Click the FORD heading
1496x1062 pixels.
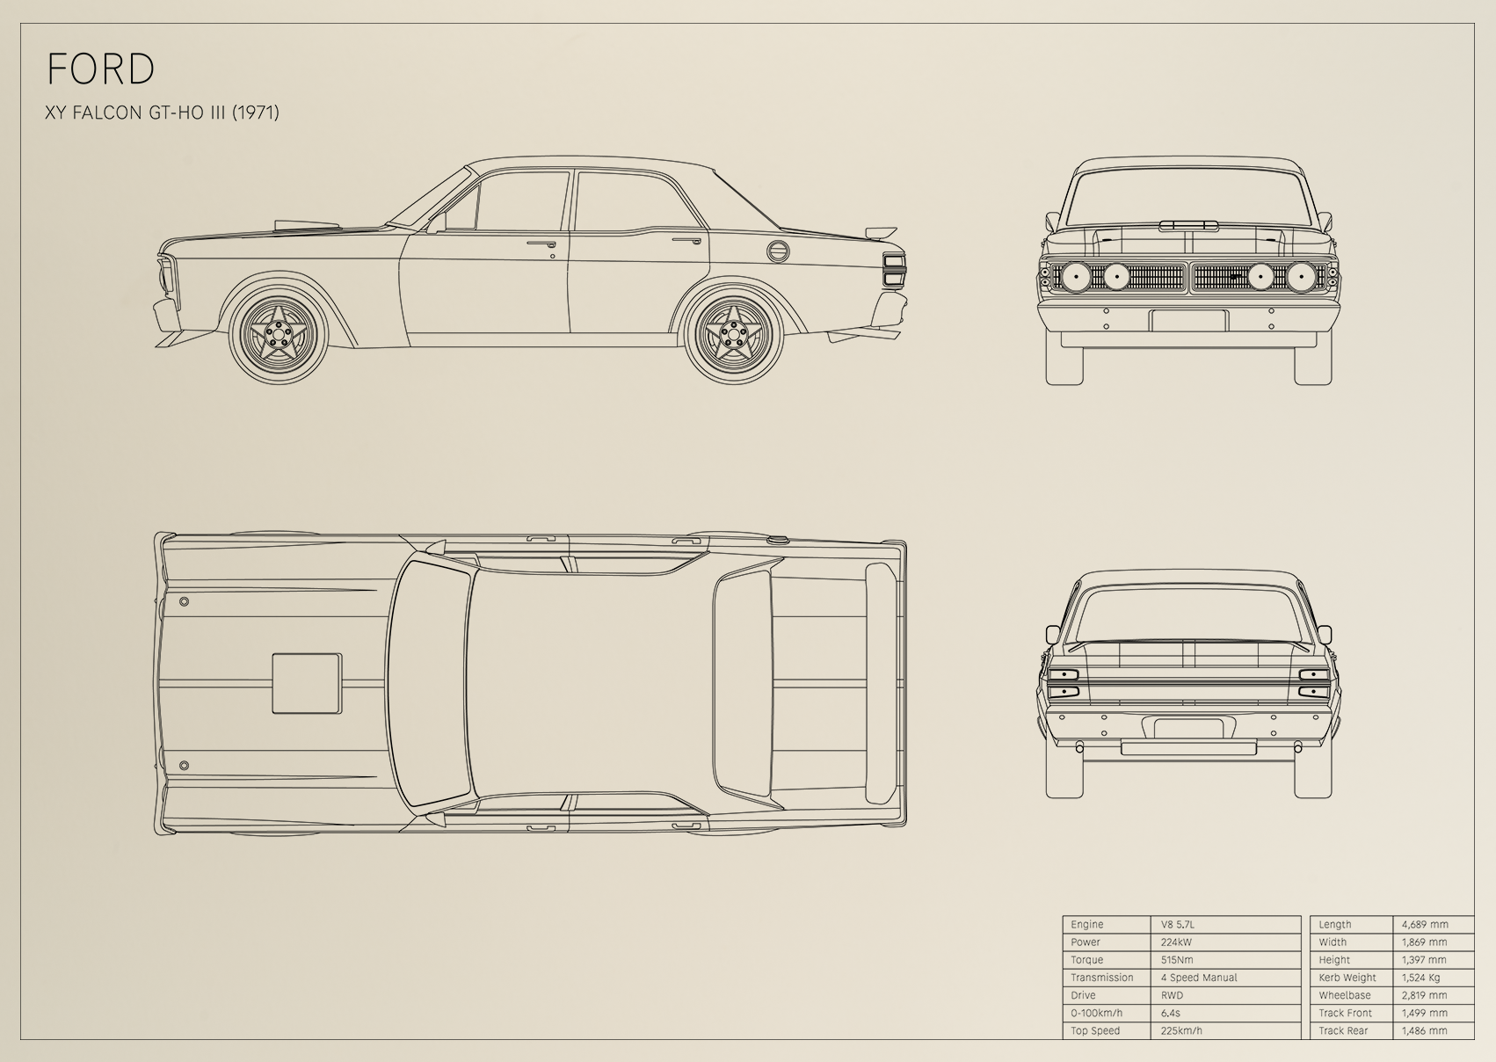tap(101, 69)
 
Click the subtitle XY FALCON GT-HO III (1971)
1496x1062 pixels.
tap(163, 113)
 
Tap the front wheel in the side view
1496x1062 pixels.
tap(278, 333)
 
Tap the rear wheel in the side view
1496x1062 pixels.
tap(734, 333)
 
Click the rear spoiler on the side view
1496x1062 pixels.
tap(881, 232)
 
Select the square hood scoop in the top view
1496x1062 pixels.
tap(308, 683)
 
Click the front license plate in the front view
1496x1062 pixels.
tap(1188, 321)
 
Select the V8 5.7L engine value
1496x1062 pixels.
tap(1178, 924)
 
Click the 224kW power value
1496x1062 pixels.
tap(1176, 942)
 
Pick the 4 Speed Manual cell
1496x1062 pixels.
tap(1199, 978)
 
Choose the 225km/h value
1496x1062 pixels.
tap(1181, 1030)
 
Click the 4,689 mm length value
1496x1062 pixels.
tap(1425, 924)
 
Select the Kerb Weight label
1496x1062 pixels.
tap(1347, 978)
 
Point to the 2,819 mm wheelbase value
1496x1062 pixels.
tap(1425, 995)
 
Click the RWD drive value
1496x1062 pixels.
tap(1172, 995)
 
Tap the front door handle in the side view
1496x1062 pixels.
tap(541, 244)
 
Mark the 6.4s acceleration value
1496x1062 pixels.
tap(1170, 1013)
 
